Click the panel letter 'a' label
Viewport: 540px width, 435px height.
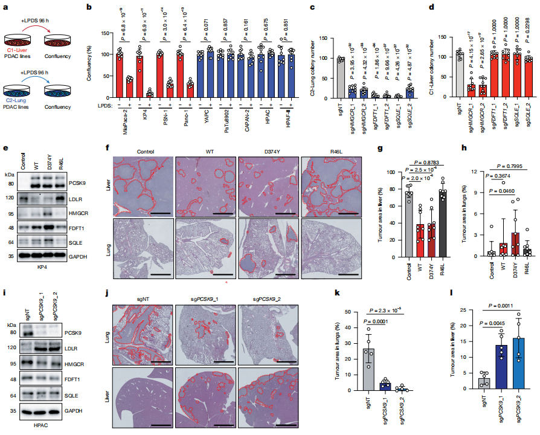(x=5, y=8)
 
